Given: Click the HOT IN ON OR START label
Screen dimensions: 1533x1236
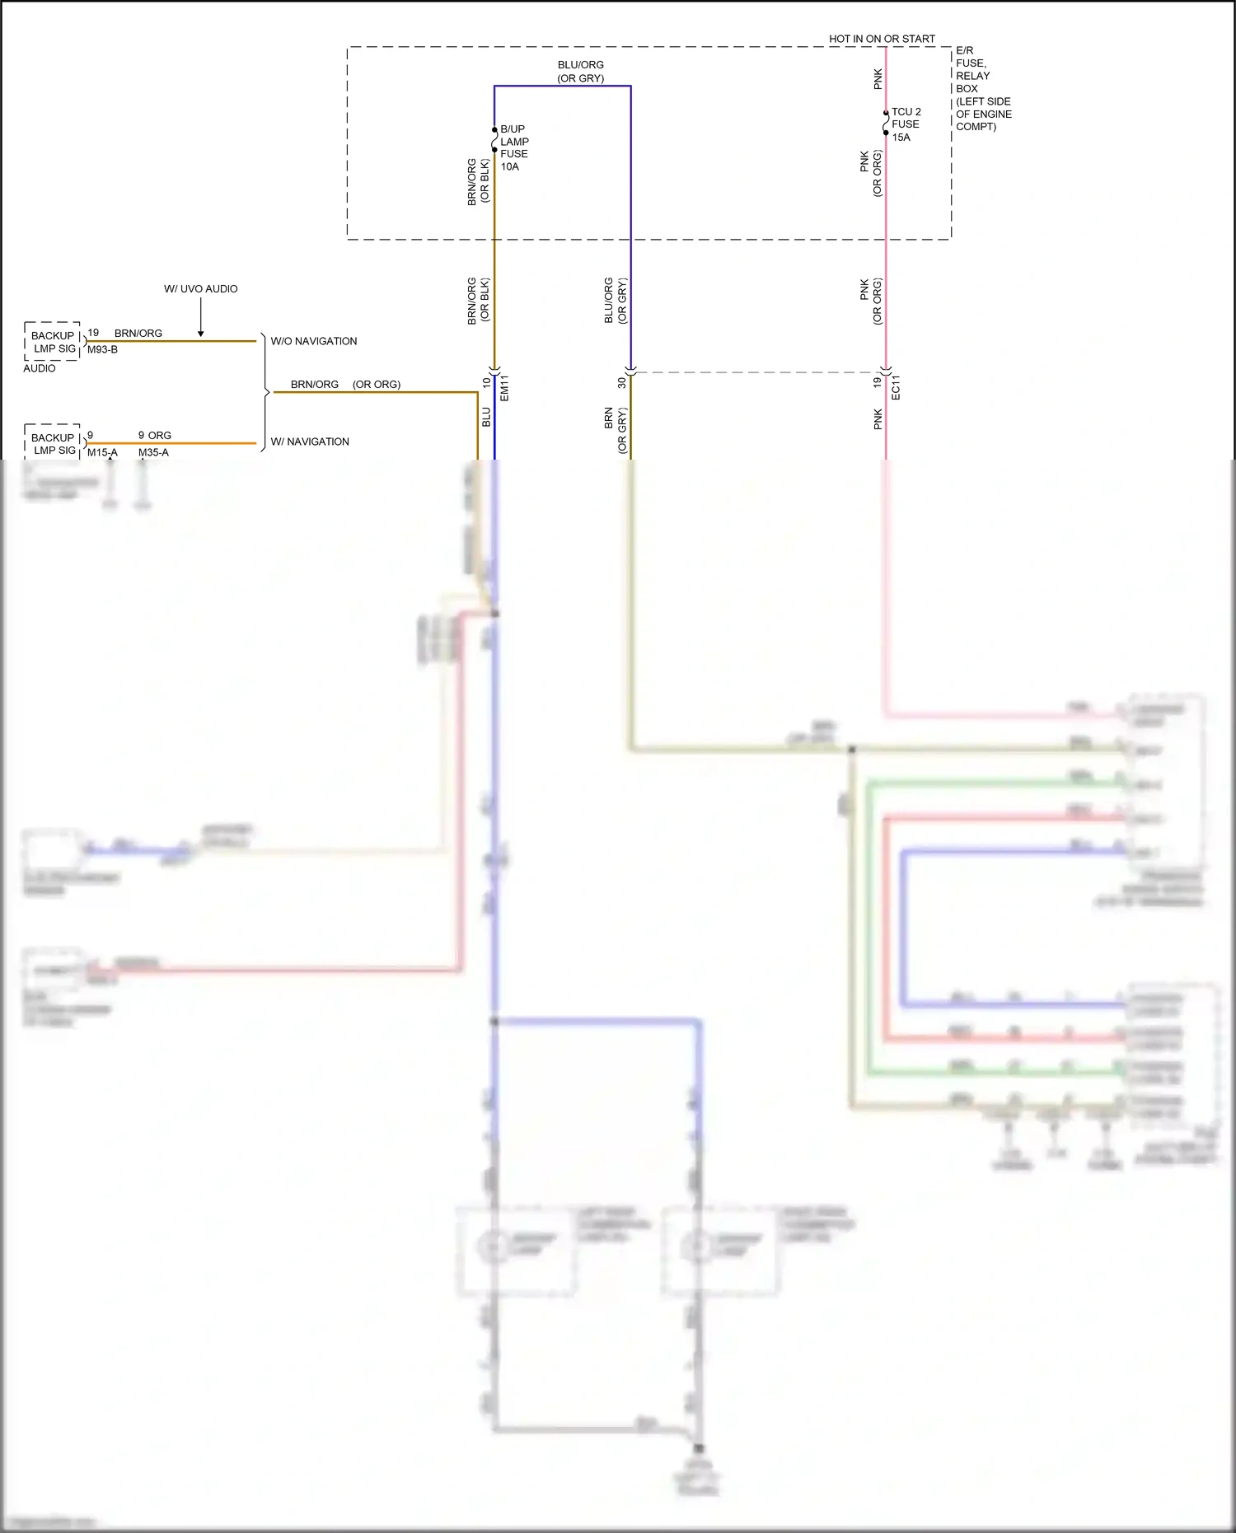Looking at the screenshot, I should click(x=882, y=39).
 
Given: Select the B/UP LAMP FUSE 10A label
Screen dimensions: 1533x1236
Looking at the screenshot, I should click(x=514, y=147).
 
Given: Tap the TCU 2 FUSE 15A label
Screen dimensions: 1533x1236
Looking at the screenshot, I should click(x=906, y=124).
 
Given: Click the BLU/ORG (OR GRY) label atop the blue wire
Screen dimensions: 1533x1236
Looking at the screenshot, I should click(x=580, y=71).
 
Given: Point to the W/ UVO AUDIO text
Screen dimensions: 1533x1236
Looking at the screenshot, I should click(x=200, y=289).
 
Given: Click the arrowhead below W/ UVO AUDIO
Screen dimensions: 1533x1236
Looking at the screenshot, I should click(x=200, y=334).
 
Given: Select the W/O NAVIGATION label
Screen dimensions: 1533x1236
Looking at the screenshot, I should click(x=314, y=341).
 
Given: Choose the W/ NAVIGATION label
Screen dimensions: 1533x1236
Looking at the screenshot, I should click(x=310, y=442).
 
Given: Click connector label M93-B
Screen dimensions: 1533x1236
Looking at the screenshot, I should click(x=102, y=349).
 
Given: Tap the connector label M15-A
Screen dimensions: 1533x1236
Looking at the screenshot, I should click(x=102, y=452).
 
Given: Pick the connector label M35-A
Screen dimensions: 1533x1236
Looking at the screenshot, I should click(x=153, y=452).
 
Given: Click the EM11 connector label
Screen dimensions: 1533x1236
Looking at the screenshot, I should click(x=504, y=388).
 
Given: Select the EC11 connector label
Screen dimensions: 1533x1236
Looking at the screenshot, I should click(x=896, y=388).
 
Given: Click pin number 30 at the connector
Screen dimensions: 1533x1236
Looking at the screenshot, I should click(x=621, y=382).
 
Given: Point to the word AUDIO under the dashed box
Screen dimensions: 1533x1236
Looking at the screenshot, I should click(x=40, y=368).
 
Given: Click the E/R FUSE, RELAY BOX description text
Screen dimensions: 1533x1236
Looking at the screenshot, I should click(x=983, y=88).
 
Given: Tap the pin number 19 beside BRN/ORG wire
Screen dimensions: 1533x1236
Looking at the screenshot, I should click(x=93, y=333).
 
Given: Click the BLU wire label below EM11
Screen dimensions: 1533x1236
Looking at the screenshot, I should click(x=486, y=417).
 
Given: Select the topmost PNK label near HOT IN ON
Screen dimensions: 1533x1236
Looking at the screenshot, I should click(x=878, y=79).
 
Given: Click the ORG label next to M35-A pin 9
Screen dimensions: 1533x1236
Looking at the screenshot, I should click(x=160, y=435).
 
